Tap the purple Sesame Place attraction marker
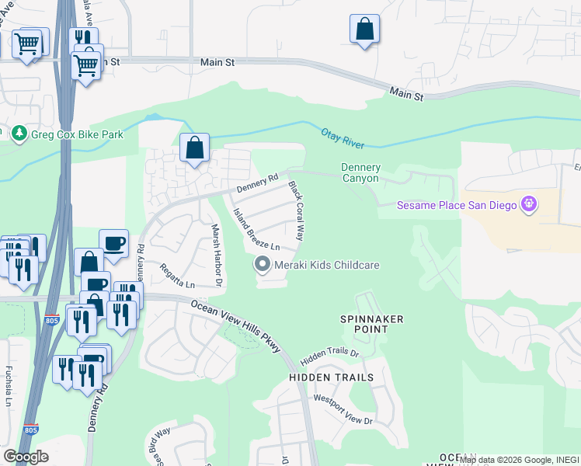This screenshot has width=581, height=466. pyautogui.click(x=531, y=204)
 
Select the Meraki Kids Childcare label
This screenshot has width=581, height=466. pyautogui.click(x=326, y=265)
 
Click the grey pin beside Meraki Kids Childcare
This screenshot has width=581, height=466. pyautogui.click(x=263, y=265)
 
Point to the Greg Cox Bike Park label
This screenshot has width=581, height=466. pyautogui.click(x=77, y=134)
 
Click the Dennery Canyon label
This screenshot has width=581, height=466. pyautogui.click(x=360, y=172)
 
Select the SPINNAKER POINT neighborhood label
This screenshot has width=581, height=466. pyautogui.click(x=364, y=324)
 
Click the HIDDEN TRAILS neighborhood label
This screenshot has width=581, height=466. pyautogui.click(x=332, y=377)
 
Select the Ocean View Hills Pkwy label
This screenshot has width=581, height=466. pyautogui.click(x=235, y=326)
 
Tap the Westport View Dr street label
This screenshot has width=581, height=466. pyautogui.click(x=343, y=409)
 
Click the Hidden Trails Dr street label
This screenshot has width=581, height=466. pyautogui.click(x=329, y=353)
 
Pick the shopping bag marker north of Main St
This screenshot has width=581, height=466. pyautogui.click(x=364, y=30)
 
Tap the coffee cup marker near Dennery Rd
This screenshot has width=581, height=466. pyautogui.click(x=113, y=243)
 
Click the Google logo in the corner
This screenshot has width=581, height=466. pyautogui.click(x=26, y=457)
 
